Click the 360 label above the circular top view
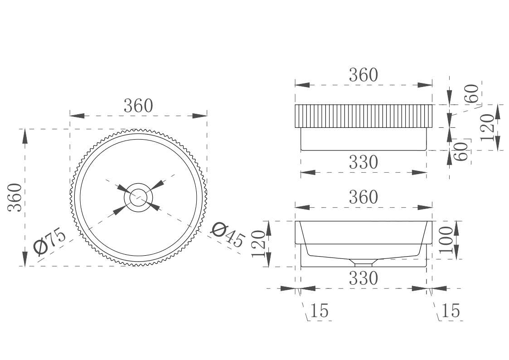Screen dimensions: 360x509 (138, 106)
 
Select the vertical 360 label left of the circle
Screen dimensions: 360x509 (16, 197)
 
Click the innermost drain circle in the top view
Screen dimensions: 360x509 (139, 198)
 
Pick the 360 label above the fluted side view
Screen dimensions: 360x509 (363, 75)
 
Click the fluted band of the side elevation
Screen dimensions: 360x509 (363, 116)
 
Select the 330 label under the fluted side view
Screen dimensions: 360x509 (363, 162)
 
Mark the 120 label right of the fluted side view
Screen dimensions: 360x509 (487, 127)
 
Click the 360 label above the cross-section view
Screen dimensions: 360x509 (363, 197)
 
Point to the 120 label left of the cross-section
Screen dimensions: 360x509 (258, 243)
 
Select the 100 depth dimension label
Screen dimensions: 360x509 (446, 239)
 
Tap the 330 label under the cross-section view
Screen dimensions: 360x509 (363, 278)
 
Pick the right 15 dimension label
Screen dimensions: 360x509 (450, 311)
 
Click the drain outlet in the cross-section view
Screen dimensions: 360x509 (363, 263)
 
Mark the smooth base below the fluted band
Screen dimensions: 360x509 (363, 139)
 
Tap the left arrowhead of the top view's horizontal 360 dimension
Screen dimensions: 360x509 (77, 116)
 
